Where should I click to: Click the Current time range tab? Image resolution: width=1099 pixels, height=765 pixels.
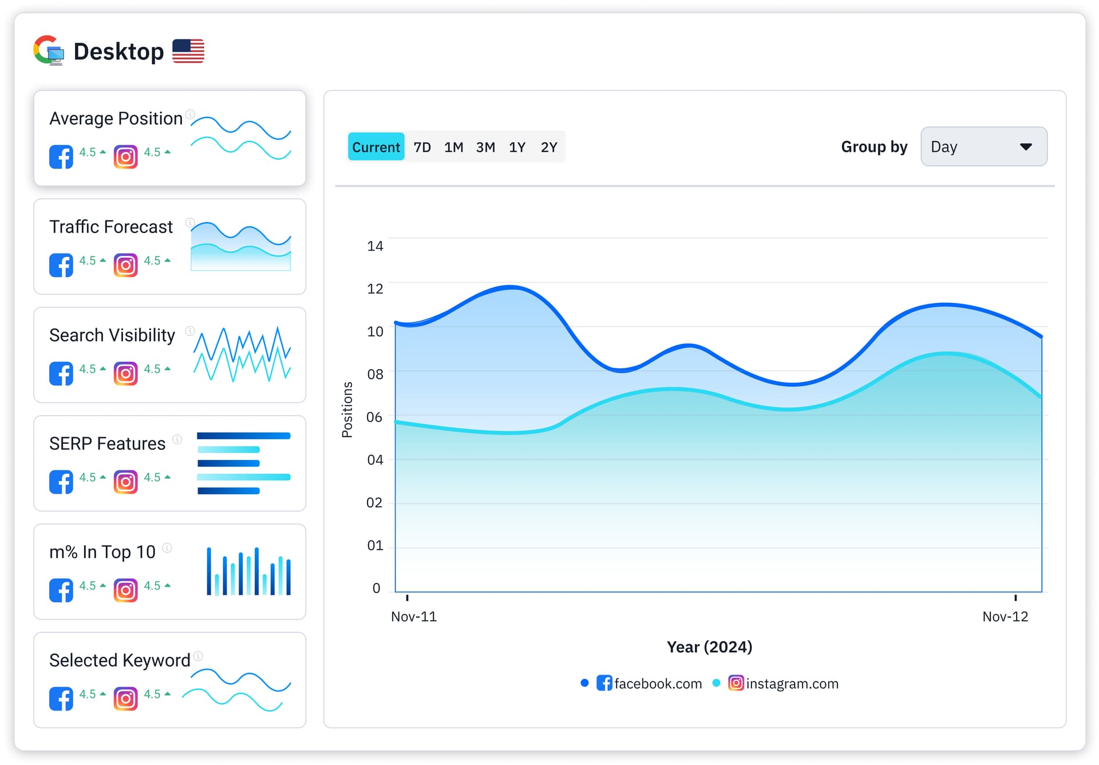point(375,147)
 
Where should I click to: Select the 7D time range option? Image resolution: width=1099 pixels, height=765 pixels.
point(422,147)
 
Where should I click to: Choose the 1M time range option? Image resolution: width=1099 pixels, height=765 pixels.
point(453,147)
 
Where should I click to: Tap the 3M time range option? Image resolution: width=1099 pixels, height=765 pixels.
point(485,147)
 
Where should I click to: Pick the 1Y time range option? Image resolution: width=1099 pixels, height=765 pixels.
point(517,147)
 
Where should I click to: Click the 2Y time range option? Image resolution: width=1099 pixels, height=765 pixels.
point(549,147)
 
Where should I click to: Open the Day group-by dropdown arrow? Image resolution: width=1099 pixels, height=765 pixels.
point(1026,147)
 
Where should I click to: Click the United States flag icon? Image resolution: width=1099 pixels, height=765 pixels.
point(188,52)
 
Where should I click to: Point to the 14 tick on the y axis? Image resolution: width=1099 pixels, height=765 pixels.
point(375,246)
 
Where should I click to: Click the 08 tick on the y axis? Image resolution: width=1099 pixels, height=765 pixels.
point(375,374)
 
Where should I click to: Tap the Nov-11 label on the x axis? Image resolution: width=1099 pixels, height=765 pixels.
point(413,617)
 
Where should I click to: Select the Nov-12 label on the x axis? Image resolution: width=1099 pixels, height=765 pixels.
point(1005,617)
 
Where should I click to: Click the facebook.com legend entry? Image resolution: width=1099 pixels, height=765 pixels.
point(649,683)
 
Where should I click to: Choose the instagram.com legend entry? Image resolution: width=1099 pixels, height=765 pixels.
point(783,683)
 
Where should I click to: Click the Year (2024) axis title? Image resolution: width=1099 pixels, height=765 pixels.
point(709,647)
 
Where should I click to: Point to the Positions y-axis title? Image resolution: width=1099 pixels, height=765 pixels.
point(347,410)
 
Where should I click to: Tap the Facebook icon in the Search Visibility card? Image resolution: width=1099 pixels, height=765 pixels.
point(61,373)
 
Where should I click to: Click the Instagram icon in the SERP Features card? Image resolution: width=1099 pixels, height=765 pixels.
point(126,482)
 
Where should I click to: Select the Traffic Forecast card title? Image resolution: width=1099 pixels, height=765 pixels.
point(111,227)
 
